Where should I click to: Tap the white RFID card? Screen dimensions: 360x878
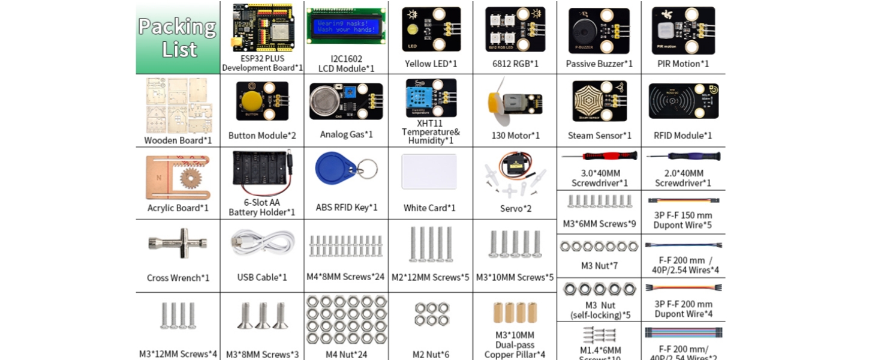point(429,172)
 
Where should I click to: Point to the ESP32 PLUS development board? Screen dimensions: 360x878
point(261,28)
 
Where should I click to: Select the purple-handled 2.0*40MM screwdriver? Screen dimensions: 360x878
point(683,157)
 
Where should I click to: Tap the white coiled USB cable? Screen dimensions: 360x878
point(261,242)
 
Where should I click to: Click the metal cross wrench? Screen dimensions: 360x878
point(178,243)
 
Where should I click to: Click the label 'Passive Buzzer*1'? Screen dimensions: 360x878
point(599,64)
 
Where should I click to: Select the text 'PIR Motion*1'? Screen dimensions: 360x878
point(682,64)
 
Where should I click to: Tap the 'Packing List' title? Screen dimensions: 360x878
point(178,38)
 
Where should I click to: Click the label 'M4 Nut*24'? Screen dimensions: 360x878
point(346,354)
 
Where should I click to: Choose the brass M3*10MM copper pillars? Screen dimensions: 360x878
point(515,313)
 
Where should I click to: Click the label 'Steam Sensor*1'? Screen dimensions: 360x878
point(599,136)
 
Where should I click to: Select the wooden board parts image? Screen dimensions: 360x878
point(178,106)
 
